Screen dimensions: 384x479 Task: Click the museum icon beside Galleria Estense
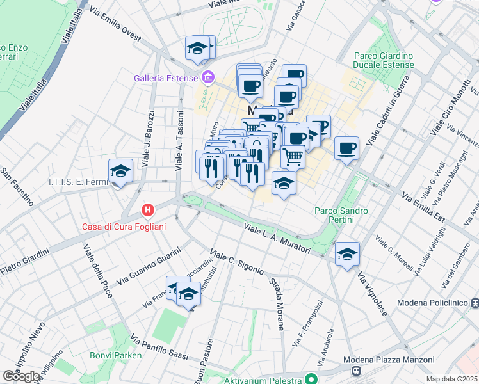click(207, 79)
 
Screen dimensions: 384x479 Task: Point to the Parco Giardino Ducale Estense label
click(384, 60)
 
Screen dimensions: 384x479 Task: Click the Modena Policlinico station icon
click(475, 303)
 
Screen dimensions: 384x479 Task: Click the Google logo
click(21, 376)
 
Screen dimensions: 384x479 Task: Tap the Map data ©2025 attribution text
click(451, 379)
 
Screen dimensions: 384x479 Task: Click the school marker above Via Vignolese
click(347, 254)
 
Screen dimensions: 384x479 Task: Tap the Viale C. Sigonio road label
click(237, 260)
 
